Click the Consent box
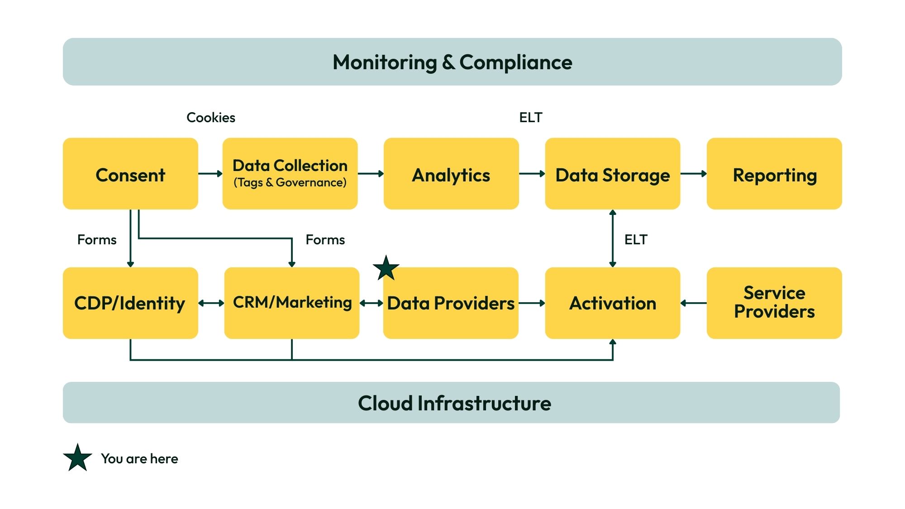point(130,174)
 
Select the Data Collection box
point(290,174)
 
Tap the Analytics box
point(451,174)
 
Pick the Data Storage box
point(613,174)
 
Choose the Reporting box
point(774,174)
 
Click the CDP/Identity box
point(130,303)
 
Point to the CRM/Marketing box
point(292,303)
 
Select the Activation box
point(613,303)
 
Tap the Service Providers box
point(774,303)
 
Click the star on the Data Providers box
point(386,269)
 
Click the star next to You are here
point(77,458)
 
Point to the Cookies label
point(211,118)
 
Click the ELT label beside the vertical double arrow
point(636,239)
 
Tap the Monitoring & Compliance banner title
point(452,62)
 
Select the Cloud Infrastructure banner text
point(454,403)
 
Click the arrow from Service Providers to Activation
point(693,303)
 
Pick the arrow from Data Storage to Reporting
point(693,174)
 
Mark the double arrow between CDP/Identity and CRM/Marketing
point(211,303)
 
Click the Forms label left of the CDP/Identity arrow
point(97,239)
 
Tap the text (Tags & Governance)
point(290,182)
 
